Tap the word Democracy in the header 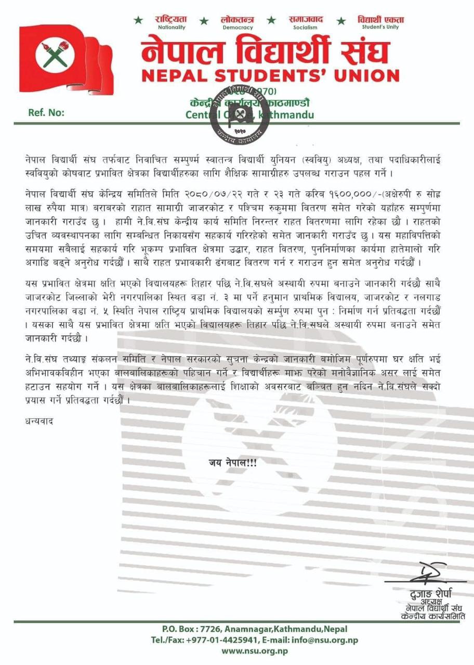pyautogui.click(x=237, y=27)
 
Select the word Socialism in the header pyautogui.click(x=305, y=27)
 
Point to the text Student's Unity pyautogui.click(x=380, y=27)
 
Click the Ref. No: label pyautogui.click(x=45, y=113)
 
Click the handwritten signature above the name pyautogui.click(x=425, y=575)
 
